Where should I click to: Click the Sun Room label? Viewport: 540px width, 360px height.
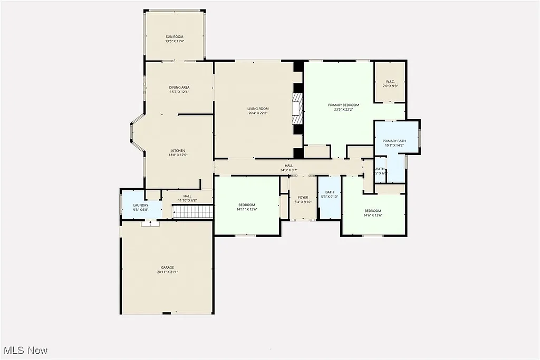tap(175, 36)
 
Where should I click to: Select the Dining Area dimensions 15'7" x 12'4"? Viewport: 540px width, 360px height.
tap(179, 92)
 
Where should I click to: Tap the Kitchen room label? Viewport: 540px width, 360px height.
tap(178, 151)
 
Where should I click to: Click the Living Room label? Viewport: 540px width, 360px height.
tap(258, 109)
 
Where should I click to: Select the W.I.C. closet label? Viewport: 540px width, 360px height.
tap(390, 82)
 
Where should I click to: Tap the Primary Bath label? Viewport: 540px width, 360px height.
tap(394, 141)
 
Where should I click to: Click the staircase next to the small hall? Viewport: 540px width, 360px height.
tap(193, 212)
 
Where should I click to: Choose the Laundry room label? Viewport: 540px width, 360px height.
tap(141, 205)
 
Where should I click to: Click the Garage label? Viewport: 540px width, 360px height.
tap(168, 267)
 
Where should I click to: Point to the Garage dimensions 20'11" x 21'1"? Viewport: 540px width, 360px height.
tap(168, 273)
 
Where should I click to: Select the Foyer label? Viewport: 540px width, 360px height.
tap(303, 198)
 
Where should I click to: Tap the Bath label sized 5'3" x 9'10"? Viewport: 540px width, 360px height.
tap(330, 192)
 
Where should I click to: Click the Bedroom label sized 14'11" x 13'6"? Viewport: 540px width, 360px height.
tap(246, 205)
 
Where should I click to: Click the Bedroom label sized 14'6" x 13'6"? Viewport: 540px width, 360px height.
tap(372, 211)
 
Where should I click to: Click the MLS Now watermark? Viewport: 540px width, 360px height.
tap(25, 350)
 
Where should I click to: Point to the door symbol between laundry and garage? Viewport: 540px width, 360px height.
tap(150, 223)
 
